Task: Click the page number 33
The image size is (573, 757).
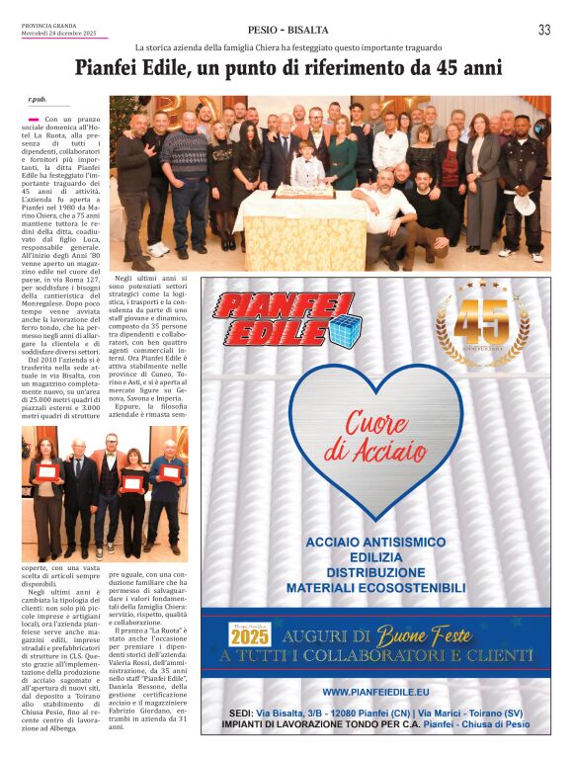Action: click(544, 31)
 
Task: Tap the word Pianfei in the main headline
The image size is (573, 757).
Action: click(117, 69)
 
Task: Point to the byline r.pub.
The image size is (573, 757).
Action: click(38, 100)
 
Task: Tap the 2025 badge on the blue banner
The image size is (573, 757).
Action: click(250, 635)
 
